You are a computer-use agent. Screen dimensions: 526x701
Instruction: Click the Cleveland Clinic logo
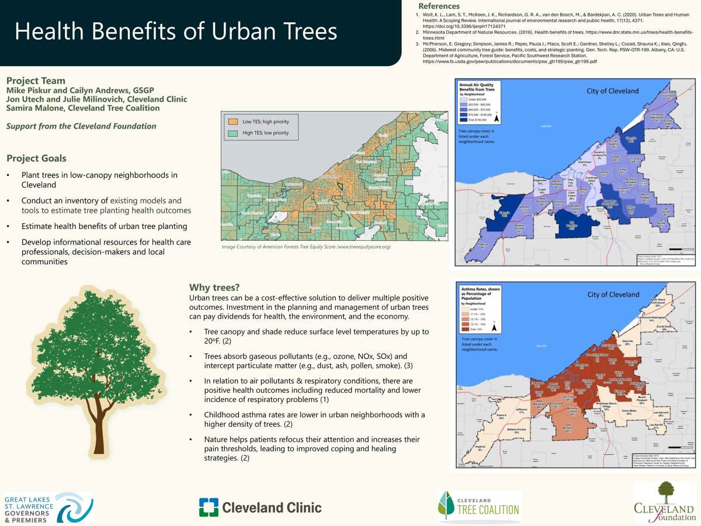click(x=260, y=507)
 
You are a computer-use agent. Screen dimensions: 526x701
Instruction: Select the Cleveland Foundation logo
click(x=664, y=503)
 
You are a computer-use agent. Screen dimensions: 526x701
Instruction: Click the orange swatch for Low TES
click(x=233, y=122)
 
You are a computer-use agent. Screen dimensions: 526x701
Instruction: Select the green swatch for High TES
click(x=233, y=133)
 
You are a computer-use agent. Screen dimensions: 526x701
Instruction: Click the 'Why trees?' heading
click(x=214, y=287)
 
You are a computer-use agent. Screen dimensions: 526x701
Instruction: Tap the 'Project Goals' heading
click(x=36, y=158)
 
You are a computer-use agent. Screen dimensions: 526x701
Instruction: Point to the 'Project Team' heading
click(x=36, y=81)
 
